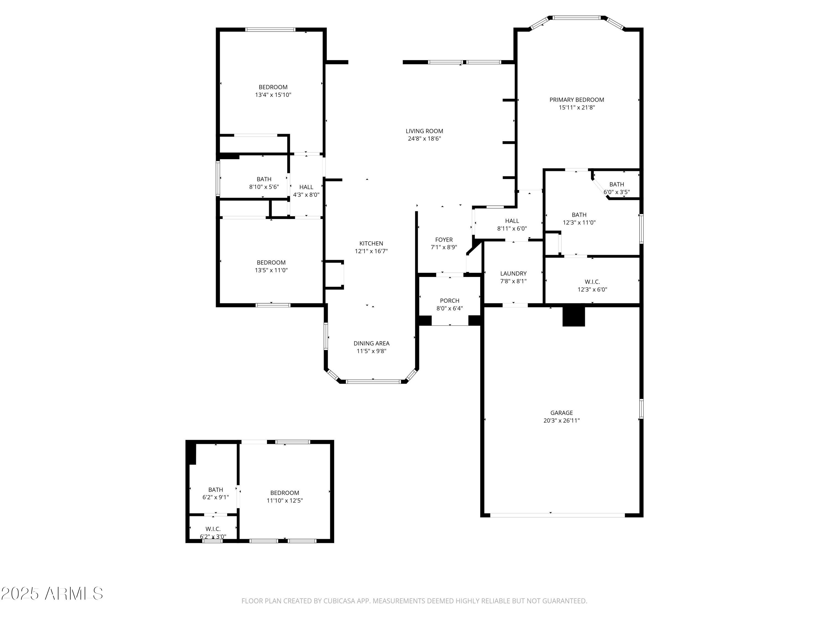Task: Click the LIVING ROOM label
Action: pos(424,131)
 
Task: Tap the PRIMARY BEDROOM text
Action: pos(576,100)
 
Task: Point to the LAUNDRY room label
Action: pos(513,273)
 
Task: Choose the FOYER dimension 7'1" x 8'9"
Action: pos(444,247)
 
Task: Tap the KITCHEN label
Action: pos(371,243)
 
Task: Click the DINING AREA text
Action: pos(371,343)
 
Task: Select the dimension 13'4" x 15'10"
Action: pos(273,95)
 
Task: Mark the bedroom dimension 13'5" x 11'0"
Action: pos(271,270)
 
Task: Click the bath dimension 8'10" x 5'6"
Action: pos(264,187)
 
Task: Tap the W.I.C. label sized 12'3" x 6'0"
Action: pos(592,282)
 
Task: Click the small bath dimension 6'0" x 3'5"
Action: pos(616,192)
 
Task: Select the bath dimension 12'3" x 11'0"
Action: pos(579,222)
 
